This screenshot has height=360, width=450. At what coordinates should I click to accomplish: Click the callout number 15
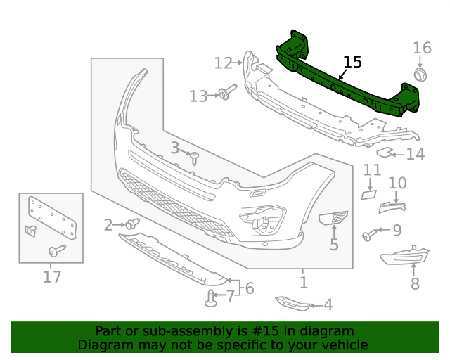(x=352, y=62)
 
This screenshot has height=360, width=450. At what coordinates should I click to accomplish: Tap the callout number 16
(x=422, y=48)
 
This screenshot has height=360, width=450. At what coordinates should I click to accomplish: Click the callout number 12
(x=223, y=63)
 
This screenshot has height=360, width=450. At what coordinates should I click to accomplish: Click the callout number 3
(x=174, y=148)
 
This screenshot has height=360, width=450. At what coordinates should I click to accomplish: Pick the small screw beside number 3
(x=195, y=157)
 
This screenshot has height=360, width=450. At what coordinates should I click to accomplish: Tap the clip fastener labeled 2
(x=131, y=224)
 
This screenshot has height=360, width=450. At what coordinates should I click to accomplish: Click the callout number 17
(x=52, y=276)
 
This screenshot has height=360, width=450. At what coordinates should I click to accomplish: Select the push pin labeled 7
(x=212, y=299)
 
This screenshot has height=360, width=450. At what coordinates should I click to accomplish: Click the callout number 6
(x=249, y=288)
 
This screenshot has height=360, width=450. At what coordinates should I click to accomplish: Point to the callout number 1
(x=303, y=283)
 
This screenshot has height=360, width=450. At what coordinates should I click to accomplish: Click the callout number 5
(x=334, y=245)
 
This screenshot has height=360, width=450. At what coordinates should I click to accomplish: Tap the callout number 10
(x=397, y=184)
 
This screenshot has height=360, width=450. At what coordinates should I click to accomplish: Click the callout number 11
(x=372, y=170)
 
